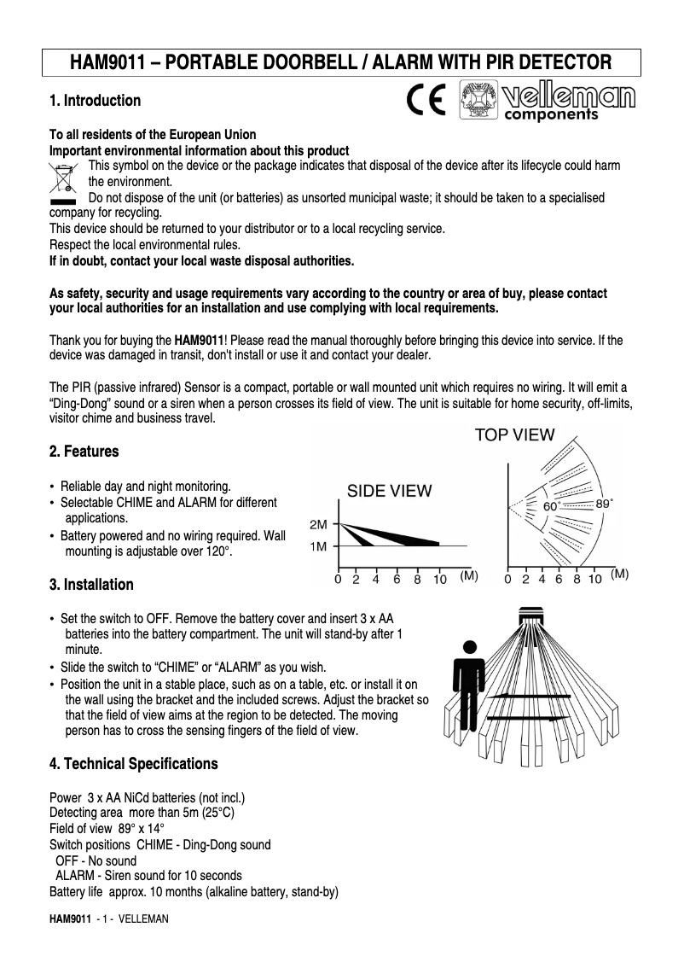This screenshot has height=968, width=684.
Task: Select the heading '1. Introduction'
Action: point(95,101)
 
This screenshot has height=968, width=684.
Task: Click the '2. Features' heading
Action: point(84,451)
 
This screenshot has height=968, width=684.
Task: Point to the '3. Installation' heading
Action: point(91,585)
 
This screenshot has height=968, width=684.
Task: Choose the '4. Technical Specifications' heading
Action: point(133,763)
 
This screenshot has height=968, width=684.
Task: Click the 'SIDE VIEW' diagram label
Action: point(389,491)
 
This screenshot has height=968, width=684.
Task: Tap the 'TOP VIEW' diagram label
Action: point(514,434)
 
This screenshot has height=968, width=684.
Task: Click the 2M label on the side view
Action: point(318,524)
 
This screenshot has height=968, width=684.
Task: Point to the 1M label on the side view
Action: point(318,545)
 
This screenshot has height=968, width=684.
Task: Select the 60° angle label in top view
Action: point(552,506)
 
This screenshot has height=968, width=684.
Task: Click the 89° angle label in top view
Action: point(604,504)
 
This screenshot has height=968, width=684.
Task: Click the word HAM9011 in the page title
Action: point(106,63)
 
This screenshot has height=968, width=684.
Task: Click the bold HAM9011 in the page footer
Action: point(70,918)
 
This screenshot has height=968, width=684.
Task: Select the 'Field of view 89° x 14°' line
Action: point(107,829)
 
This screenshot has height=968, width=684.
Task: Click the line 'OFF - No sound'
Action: point(96,860)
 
